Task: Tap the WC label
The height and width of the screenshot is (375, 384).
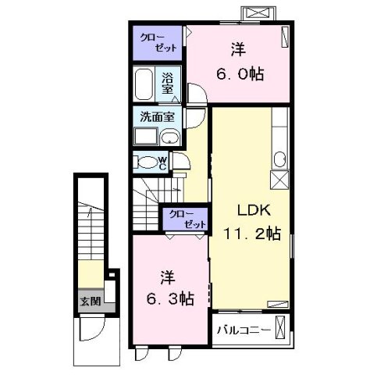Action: (x=162, y=163)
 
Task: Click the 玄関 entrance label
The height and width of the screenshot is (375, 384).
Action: (x=87, y=301)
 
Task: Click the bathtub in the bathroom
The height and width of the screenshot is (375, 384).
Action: (x=144, y=85)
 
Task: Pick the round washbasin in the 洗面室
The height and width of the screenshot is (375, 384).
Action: (x=169, y=138)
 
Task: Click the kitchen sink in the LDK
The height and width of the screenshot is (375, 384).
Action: (x=279, y=159)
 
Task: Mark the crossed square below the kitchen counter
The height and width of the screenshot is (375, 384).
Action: (x=279, y=179)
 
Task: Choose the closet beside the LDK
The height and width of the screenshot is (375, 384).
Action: (x=185, y=218)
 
